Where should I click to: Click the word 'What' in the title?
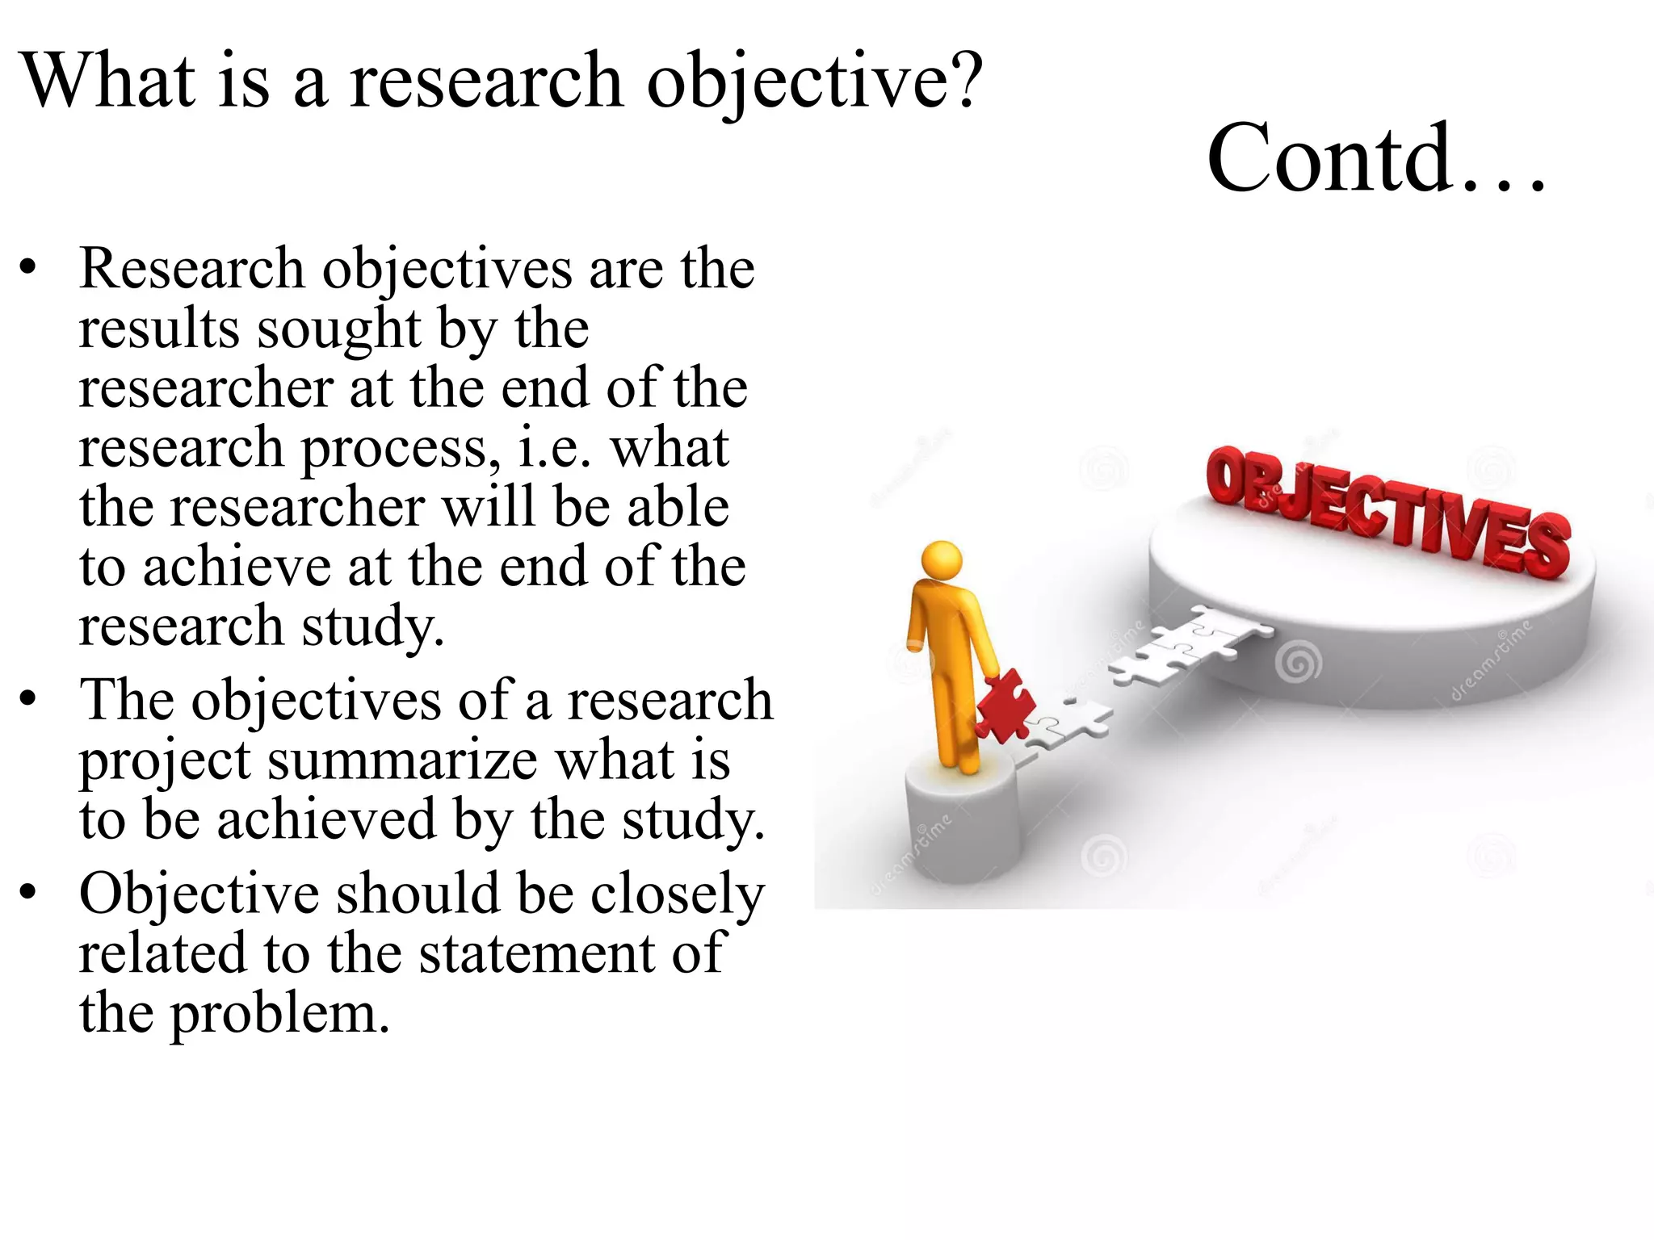108,80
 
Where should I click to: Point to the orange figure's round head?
942,559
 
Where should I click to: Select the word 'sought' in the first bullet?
339,329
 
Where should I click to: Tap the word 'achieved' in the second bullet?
326,820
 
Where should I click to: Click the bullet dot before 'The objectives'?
29,699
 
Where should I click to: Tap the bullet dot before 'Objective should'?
29,893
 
